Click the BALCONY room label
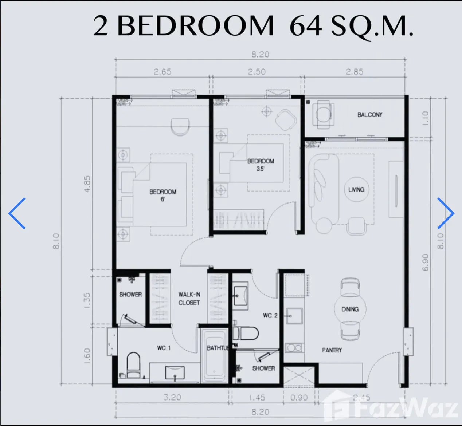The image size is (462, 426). [370, 114]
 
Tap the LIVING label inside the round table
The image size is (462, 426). [356, 189]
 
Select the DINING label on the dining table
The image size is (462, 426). [350, 309]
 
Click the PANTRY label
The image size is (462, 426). [332, 350]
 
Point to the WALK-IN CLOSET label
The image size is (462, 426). [189, 299]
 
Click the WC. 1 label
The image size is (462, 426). [164, 348]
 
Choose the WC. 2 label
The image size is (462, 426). [270, 316]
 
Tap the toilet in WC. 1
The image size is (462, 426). [133, 365]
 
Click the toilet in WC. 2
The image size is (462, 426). [246, 333]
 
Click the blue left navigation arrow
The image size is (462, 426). [17, 213]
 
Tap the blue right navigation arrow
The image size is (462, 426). [446, 213]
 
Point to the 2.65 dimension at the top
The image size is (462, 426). [163, 72]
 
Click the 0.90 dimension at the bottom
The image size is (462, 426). [299, 398]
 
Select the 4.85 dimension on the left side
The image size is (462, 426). [87, 184]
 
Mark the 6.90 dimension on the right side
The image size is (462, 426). [425, 262]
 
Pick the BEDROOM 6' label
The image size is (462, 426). [163, 195]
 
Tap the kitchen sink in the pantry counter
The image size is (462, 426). [294, 316]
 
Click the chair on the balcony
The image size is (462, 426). [323, 114]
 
